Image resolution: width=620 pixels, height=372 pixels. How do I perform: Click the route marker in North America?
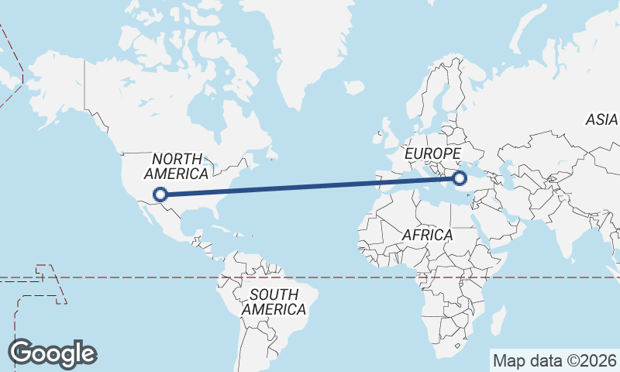click(x=160, y=195)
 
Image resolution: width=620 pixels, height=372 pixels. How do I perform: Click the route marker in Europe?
click(x=460, y=178)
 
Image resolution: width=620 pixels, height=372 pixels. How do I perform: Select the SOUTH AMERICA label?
click(x=274, y=301)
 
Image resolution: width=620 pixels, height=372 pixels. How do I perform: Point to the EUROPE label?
click(x=433, y=153)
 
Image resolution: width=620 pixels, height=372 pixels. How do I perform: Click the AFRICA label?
click(x=427, y=234)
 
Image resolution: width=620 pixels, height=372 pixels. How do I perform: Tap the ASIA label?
click(x=601, y=120)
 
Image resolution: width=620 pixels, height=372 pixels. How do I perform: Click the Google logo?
click(x=53, y=353)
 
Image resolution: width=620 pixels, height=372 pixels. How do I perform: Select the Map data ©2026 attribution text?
click(x=554, y=360)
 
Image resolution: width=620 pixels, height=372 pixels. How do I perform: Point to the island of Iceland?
click(x=353, y=87)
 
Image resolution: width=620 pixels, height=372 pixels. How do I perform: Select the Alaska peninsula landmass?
click(x=54, y=85)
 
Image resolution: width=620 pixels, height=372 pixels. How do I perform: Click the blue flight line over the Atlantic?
click(x=310, y=187)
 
